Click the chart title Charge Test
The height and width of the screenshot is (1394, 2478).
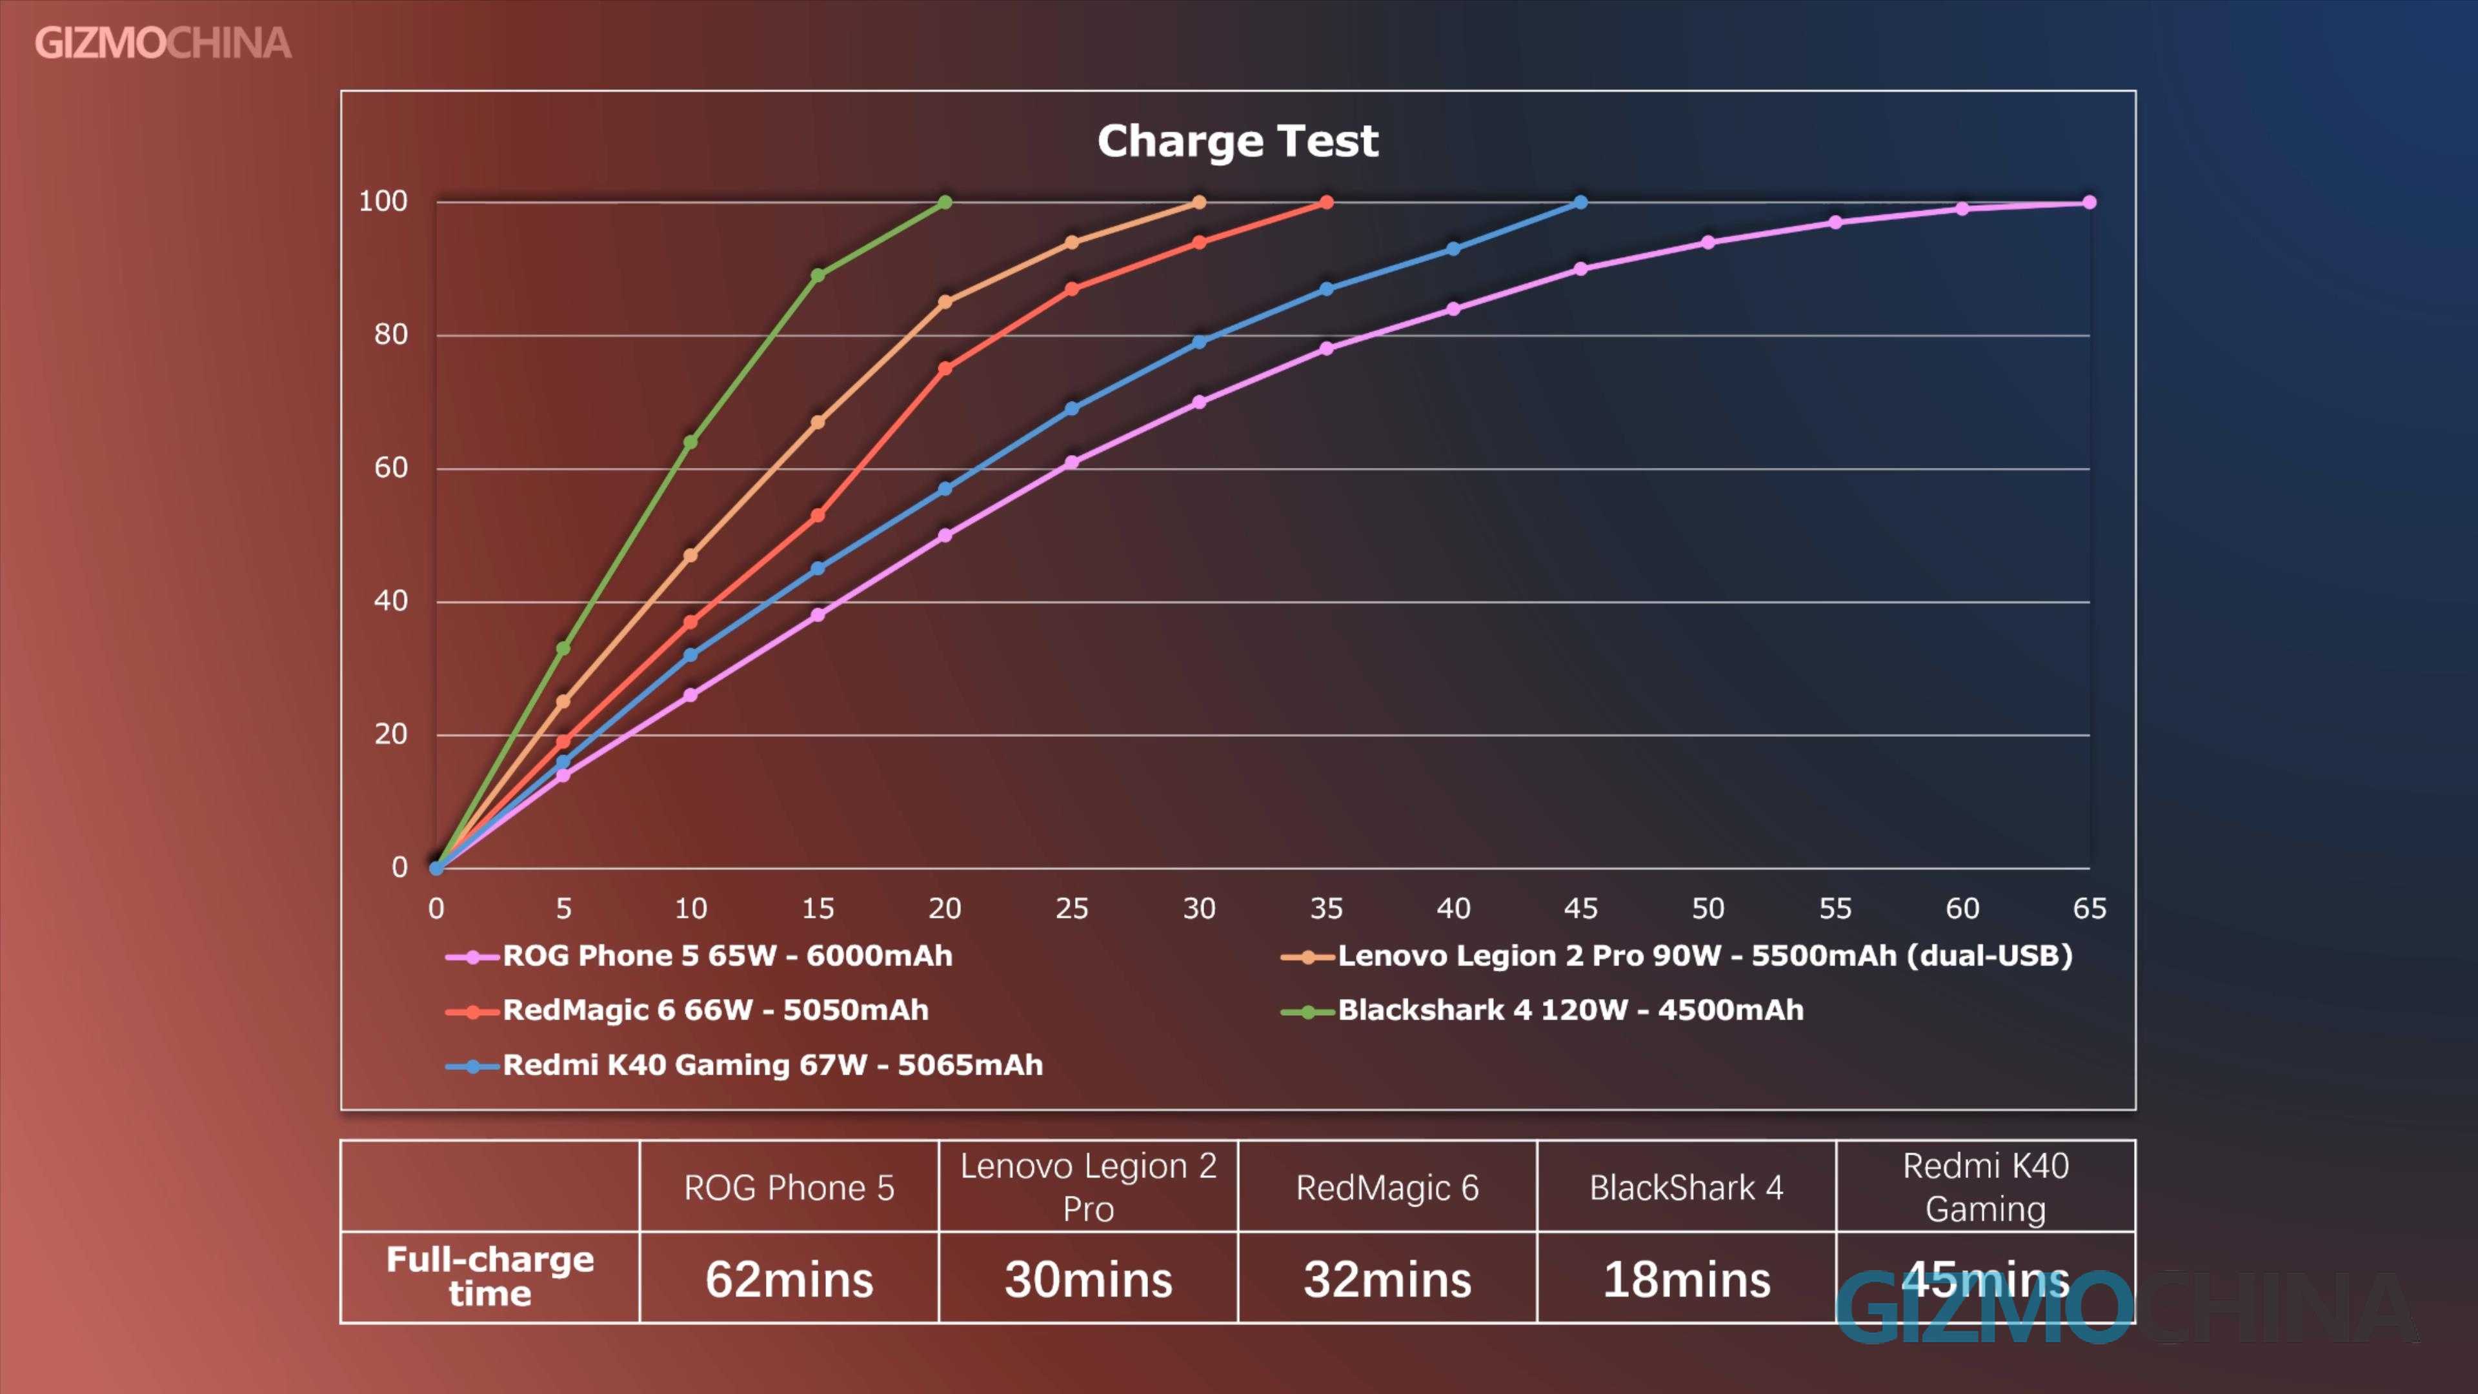1237,141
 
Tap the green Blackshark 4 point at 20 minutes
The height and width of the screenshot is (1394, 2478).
945,202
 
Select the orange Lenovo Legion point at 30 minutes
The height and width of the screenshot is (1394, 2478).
1198,202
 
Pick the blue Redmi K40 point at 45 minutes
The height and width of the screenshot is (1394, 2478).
1580,202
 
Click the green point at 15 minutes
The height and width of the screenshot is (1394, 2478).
818,275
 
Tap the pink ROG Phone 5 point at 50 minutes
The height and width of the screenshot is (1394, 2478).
1708,243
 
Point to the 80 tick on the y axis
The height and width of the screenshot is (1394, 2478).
390,335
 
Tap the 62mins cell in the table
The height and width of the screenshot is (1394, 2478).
789,1280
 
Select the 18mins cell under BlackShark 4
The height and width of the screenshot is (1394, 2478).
1686,1280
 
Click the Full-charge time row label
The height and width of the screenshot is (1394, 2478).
490,1277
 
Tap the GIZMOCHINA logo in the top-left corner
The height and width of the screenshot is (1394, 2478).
163,43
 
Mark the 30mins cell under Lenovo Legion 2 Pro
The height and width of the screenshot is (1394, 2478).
1088,1280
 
